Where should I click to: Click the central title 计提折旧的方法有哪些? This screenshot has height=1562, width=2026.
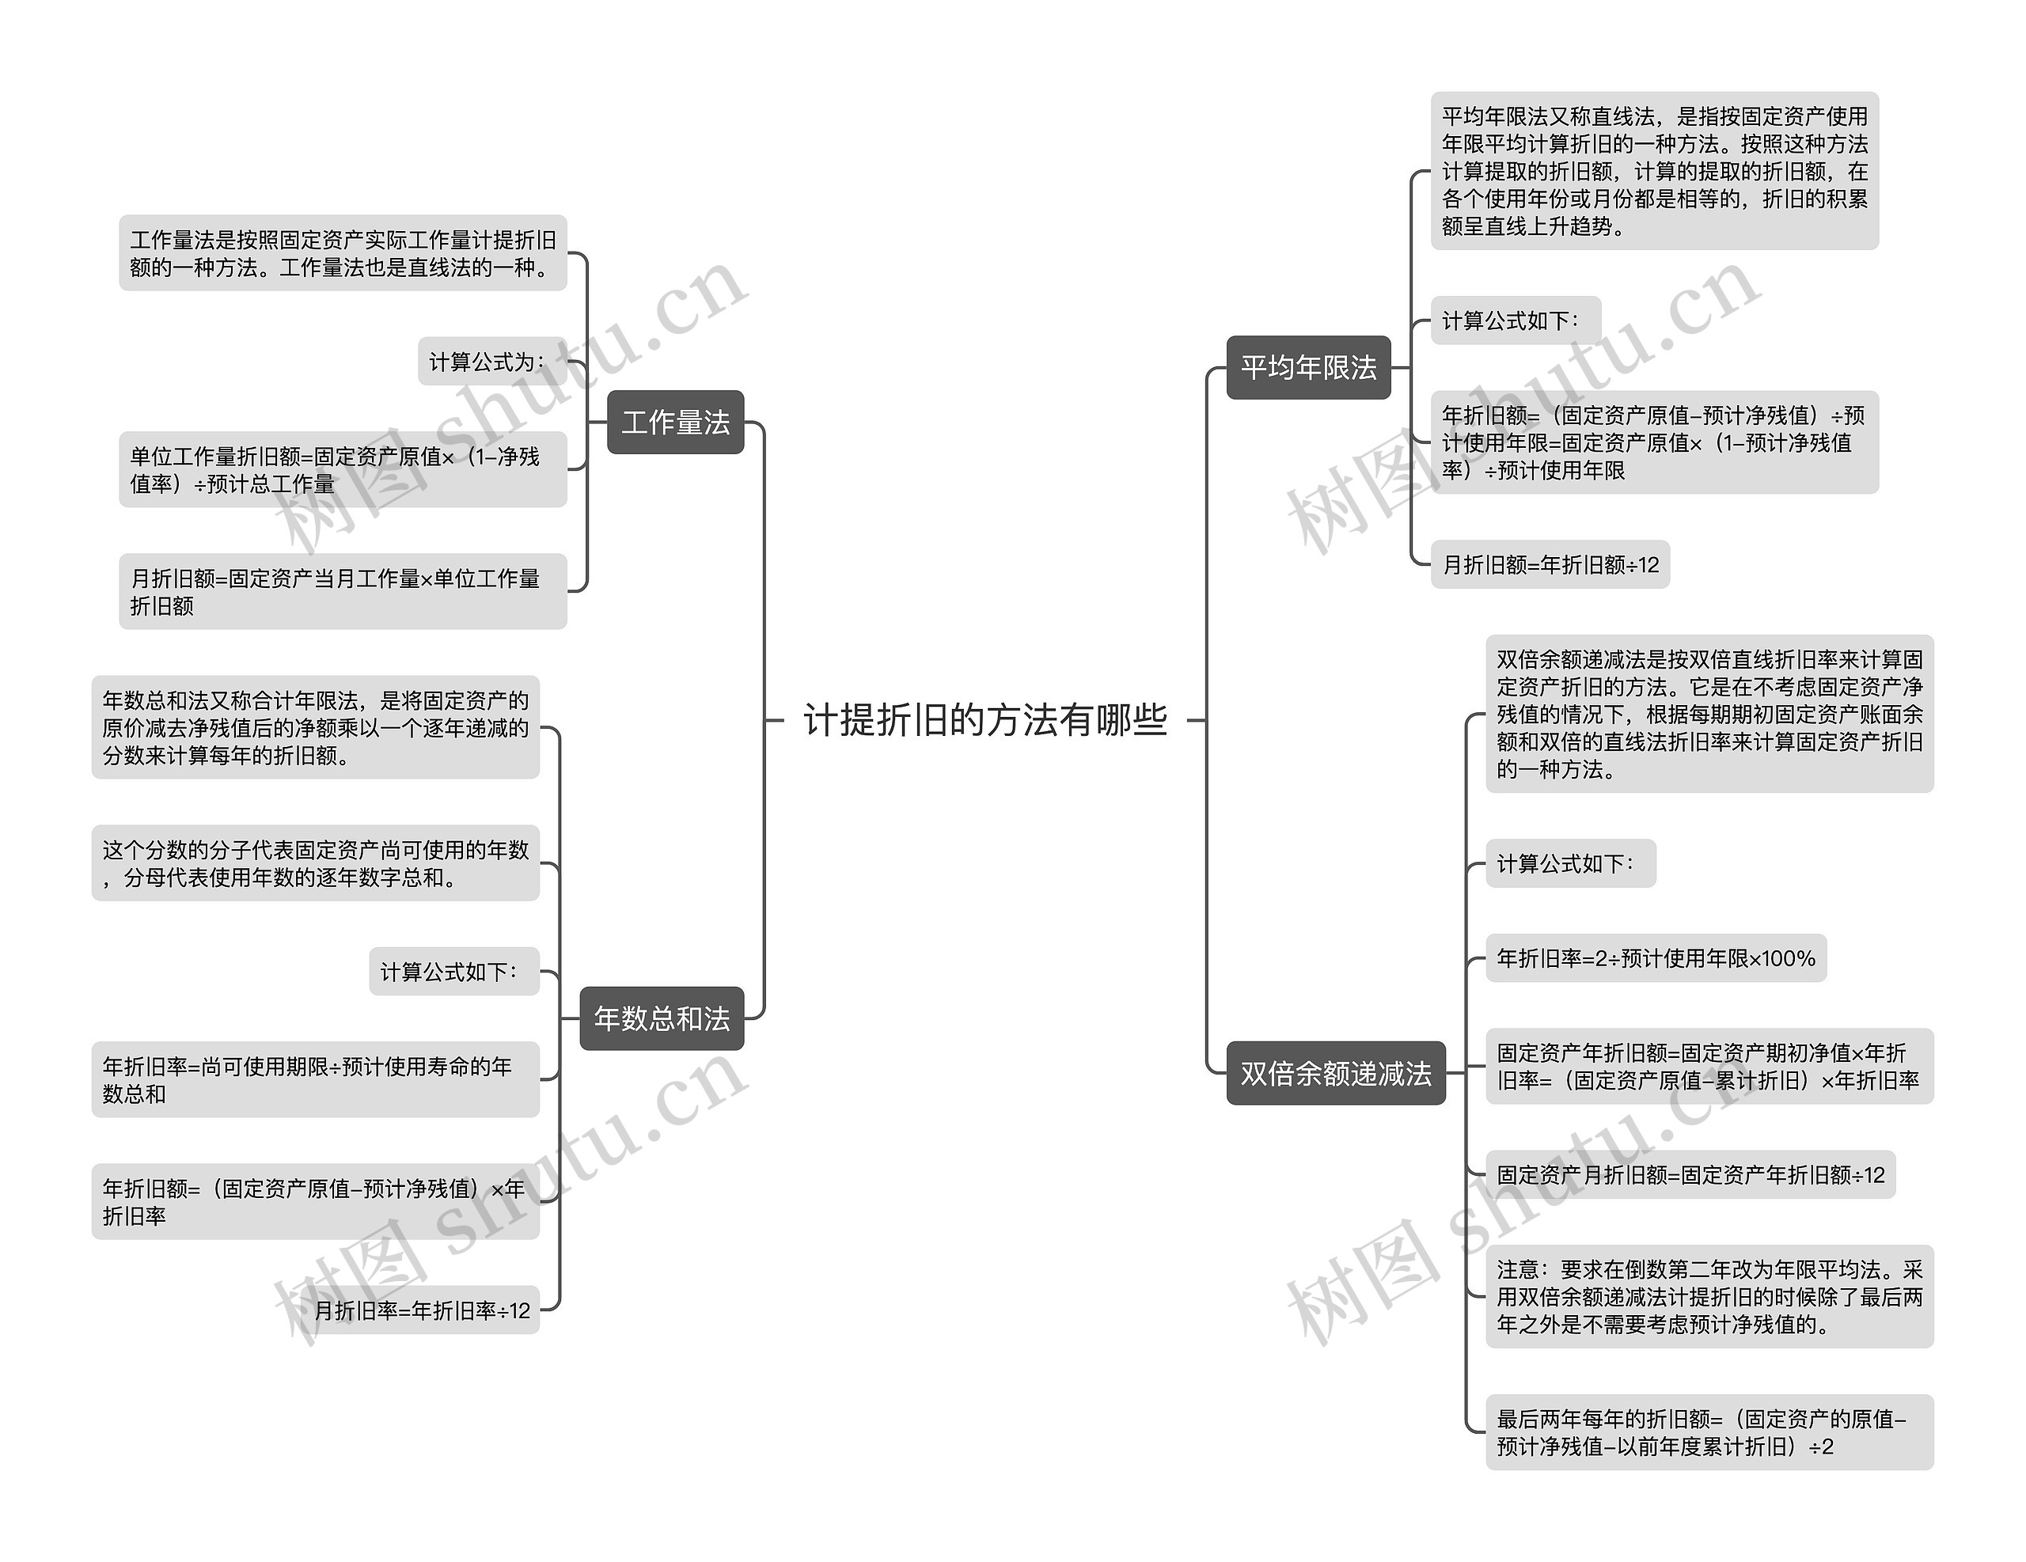click(x=985, y=720)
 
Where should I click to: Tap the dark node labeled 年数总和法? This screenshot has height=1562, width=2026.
click(x=662, y=1018)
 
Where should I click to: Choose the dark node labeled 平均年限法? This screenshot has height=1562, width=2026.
click(x=1309, y=367)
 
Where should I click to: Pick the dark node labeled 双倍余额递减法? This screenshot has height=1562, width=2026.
click(x=1336, y=1073)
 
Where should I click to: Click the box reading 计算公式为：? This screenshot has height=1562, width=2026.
click(x=491, y=361)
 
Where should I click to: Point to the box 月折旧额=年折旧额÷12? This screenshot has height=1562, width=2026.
click(x=1550, y=564)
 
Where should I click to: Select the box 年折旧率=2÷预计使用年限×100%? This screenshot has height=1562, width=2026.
click(x=1656, y=958)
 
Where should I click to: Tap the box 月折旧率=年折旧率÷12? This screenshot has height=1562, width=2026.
click(x=422, y=1310)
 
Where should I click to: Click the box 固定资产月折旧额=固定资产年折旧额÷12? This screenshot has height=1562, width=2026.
click(x=1690, y=1175)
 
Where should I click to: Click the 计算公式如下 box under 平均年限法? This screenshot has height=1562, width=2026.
click(x=1516, y=320)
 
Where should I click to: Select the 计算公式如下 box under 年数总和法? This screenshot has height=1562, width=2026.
click(x=454, y=971)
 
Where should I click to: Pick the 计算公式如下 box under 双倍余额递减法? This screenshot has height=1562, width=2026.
click(x=1570, y=863)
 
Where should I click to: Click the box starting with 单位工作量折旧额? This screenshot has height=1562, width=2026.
click(x=343, y=469)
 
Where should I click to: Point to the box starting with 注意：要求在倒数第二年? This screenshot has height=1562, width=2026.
click(x=1709, y=1297)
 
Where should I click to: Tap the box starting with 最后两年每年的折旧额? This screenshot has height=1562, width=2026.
click(x=1709, y=1432)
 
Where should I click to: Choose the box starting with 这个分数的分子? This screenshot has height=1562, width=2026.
click(x=316, y=863)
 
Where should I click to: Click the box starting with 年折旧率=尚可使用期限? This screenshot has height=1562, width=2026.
click(x=316, y=1079)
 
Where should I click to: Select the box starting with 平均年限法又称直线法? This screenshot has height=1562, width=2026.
click(x=1655, y=171)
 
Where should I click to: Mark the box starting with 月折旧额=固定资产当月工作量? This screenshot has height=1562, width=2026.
click(x=343, y=592)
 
